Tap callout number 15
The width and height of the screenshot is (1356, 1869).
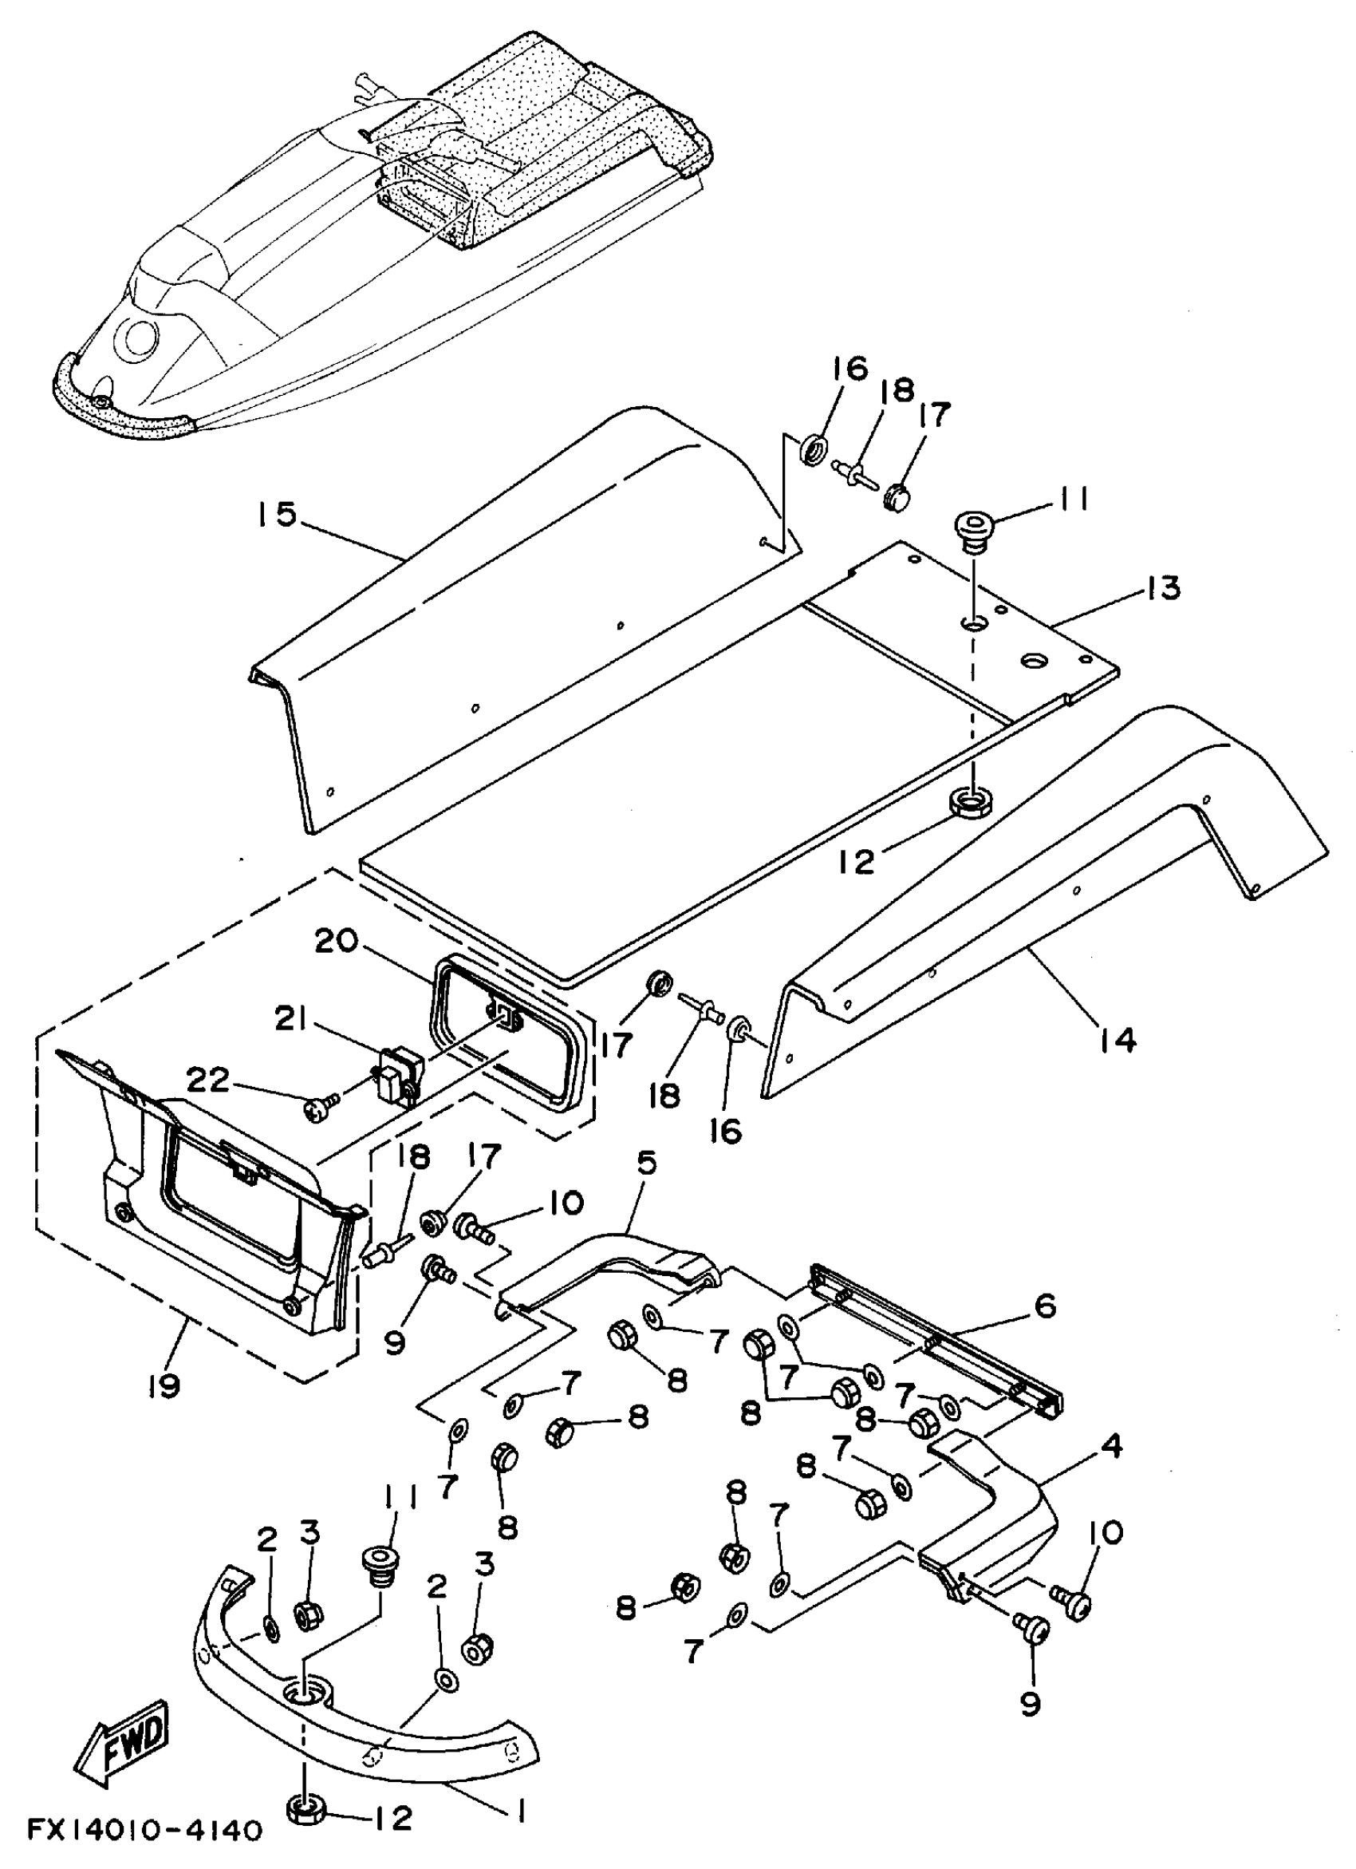[x=274, y=515]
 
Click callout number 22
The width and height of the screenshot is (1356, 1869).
[x=207, y=1079]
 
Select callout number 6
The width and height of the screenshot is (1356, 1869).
[x=1045, y=1306]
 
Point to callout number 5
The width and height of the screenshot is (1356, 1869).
[x=647, y=1163]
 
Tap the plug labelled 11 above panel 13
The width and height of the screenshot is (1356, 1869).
[x=974, y=528]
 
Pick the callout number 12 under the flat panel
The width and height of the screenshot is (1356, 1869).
[x=857, y=862]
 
